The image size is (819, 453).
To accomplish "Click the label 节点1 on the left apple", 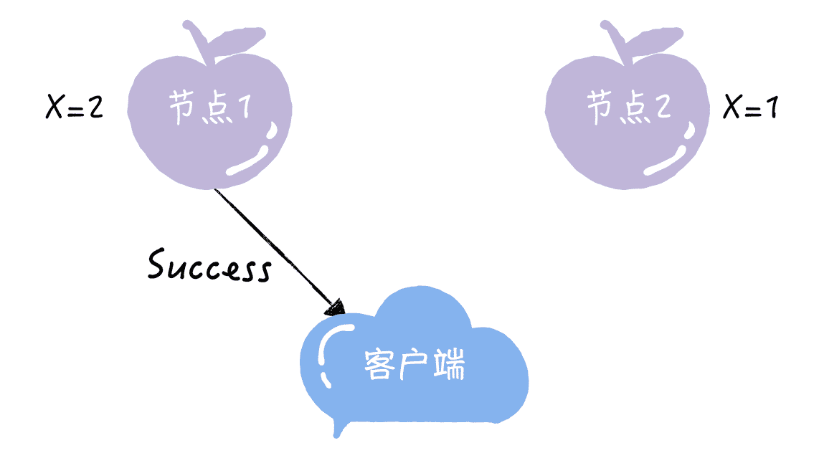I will (209, 109).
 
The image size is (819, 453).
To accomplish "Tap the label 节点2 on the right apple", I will (628, 108).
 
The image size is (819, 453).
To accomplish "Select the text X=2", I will (74, 108).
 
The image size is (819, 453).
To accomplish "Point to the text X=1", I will (750, 108).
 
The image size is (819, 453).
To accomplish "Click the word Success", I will (209, 266).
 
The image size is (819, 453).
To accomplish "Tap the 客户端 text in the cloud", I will (415, 366).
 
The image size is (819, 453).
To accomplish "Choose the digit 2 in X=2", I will (95, 108).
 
